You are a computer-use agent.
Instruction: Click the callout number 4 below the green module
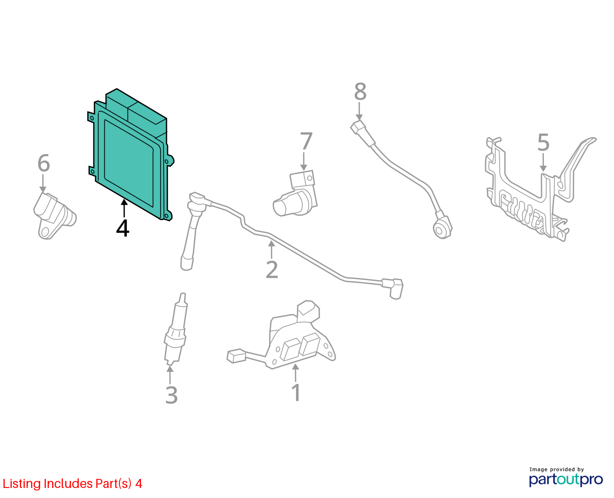(122, 228)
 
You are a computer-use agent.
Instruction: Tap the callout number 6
(44, 163)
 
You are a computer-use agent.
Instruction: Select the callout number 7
(306, 141)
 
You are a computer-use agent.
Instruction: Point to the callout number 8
(360, 92)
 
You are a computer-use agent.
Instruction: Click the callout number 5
(543, 142)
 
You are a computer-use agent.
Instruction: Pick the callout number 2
(272, 270)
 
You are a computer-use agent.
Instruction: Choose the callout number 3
(171, 395)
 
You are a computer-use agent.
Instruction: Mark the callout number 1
(296, 393)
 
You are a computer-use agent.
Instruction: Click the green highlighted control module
(131, 154)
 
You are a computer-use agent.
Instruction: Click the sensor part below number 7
(295, 193)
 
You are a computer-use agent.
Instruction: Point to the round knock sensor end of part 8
(442, 229)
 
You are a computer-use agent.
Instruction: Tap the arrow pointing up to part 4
(124, 208)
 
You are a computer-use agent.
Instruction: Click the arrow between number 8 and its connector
(359, 111)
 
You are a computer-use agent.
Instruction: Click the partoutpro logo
(565, 479)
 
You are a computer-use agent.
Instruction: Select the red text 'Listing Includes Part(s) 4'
(72, 483)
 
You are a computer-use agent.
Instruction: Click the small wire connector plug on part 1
(236, 356)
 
